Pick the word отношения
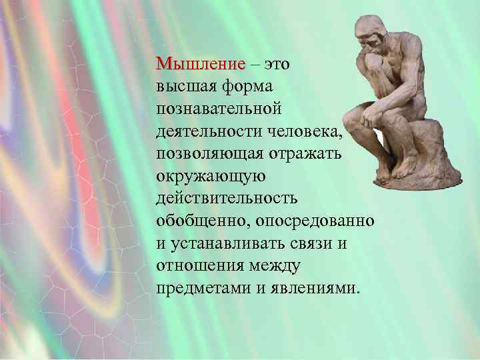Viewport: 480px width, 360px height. (x=199, y=267)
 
